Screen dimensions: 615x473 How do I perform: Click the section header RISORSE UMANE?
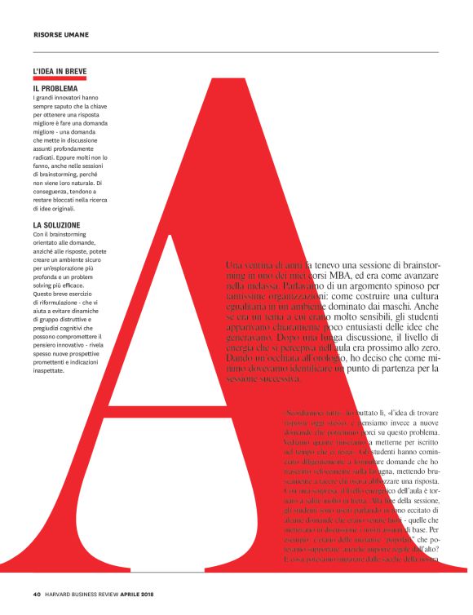coord(61,34)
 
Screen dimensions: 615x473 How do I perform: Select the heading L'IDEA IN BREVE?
coord(60,71)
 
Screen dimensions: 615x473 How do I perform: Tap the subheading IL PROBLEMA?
coord(55,88)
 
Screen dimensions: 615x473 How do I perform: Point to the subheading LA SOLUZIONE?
coord(56,224)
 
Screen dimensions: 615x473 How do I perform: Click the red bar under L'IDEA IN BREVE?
coord(60,79)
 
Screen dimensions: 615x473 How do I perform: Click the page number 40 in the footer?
coord(37,593)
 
